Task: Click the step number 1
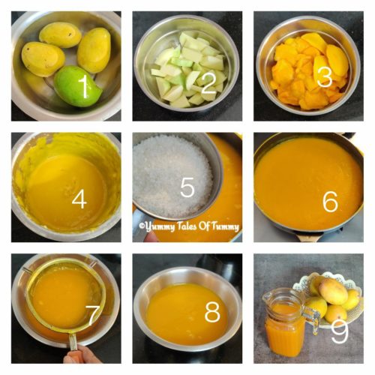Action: pos(85,87)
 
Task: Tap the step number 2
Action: pos(208,82)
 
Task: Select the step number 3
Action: pos(324,77)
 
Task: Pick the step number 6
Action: pos(330,201)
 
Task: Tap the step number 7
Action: pos(92,316)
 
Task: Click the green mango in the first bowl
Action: pos(75,85)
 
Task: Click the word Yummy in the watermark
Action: pos(160,225)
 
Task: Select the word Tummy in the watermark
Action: pos(224,225)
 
